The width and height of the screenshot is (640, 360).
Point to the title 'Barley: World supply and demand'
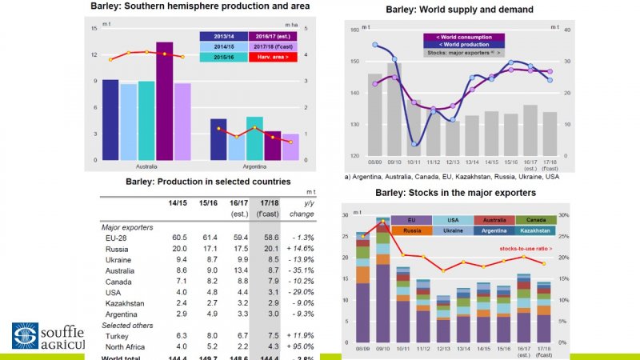click(448, 10)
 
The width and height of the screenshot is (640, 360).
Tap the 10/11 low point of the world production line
click(414, 144)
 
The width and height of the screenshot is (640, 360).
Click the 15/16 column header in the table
click(207, 203)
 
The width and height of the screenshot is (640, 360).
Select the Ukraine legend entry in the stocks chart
click(451, 231)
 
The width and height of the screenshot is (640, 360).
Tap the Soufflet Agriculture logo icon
click(25, 335)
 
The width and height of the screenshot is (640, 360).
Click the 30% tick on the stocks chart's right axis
click(563, 215)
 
